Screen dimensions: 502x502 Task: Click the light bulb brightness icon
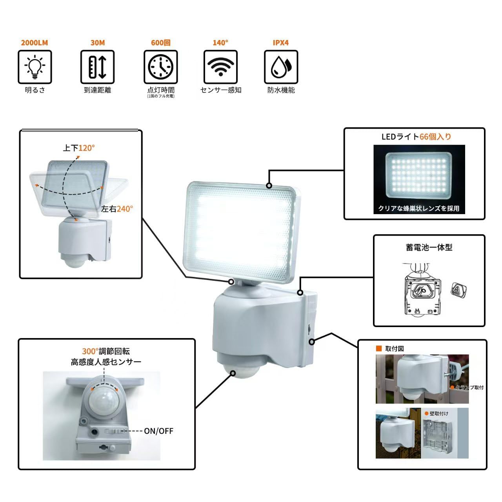pyautogui.click(x=35, y=67)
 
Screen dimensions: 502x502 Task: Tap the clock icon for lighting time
pyautogui.click(x=160, y=67)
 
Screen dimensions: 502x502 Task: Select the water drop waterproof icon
pyautogui.click(x=281, y=67)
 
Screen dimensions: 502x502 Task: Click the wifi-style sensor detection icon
pyautogui.click(x=220, y=67)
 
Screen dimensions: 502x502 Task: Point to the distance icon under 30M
pyautogui.click(x=97, y=67)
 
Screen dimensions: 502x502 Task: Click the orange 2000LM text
pyautogui.click(x=35, y=43)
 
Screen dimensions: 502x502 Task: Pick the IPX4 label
pyautogui.click(x=280, y=43)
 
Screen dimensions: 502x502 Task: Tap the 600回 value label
pyautogui.click(x=160, y=43)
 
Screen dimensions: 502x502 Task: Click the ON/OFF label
pyautogui.click(x=158, y=431)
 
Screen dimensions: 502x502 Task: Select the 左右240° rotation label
pyautogui.click(x=117, y=209)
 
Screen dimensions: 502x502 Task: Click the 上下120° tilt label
pyautogui.click(x=79, y=148)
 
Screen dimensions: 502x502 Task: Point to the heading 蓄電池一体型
pyautogui.click(x=429, y=247)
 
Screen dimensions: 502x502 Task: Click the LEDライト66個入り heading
pyautogui.click(x=416, y=137)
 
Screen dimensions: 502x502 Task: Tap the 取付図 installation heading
pyautogui.click(x=394, y=349)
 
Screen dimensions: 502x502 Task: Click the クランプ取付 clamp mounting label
pyautogui.click(x=469, y=387)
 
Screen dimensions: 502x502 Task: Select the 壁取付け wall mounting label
pyautogui.click(x=438, y=413)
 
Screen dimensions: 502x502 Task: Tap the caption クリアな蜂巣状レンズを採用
pyautogui.click(x=418, y=209)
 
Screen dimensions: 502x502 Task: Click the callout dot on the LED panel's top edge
pyautogui.click(x=269, y=186)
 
